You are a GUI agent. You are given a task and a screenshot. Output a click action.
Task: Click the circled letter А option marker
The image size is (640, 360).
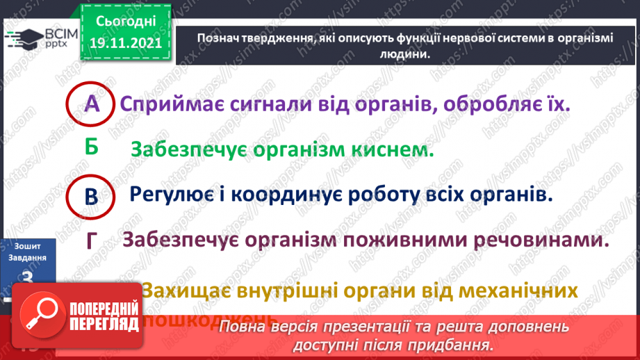[92, 105]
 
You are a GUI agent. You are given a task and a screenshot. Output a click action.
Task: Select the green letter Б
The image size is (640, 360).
[91, 147]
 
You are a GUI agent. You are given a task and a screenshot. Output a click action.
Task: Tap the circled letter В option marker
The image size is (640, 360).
[91, 197]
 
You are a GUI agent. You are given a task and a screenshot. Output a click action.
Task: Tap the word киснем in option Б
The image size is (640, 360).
[394, 149]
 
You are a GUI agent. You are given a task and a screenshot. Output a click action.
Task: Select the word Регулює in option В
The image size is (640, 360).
[171, 195]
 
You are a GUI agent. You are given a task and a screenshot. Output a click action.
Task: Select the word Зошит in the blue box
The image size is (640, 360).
[28, 245]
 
